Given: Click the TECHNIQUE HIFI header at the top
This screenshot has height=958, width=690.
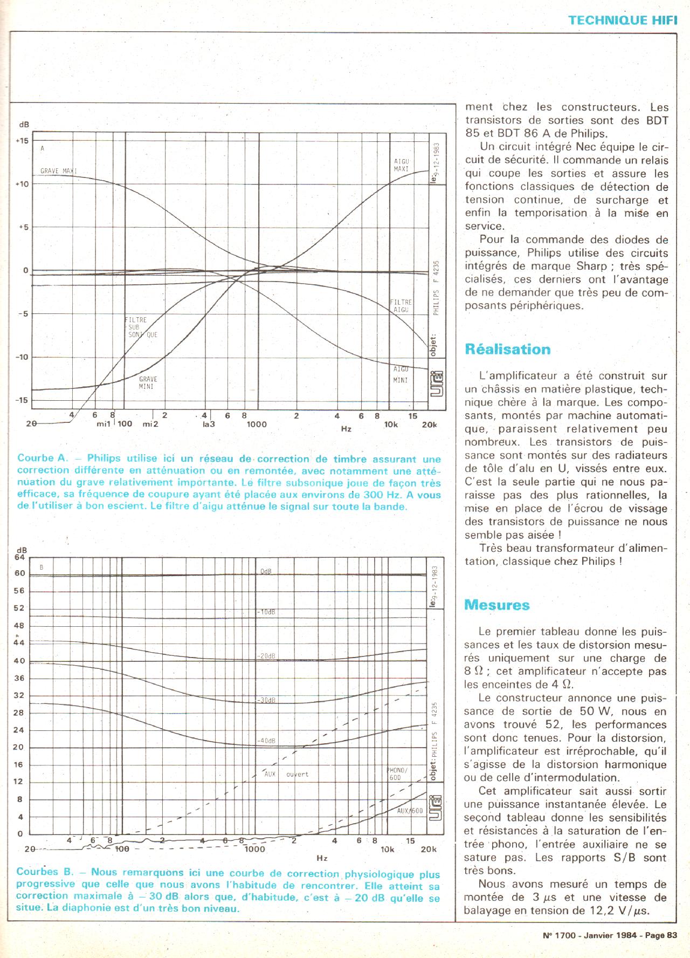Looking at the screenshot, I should (622, 20).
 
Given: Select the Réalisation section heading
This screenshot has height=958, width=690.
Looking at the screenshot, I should (507, 350).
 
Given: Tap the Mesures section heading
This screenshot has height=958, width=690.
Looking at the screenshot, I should (497, 605).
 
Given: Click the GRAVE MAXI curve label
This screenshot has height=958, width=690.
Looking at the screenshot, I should (59, 172).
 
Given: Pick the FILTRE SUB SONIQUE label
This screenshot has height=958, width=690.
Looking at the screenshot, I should (141, 327).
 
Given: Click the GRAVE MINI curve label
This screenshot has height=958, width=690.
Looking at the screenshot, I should (148, 382).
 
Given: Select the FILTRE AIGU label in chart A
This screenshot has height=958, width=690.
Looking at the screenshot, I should (401, 306).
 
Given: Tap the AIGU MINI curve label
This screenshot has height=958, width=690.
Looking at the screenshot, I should (401, 374).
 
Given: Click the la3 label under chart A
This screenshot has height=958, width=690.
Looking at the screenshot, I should (209, 424).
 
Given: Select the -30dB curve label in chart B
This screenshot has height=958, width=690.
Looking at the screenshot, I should (265, 700).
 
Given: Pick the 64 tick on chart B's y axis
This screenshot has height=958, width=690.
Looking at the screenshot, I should (20, 557).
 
